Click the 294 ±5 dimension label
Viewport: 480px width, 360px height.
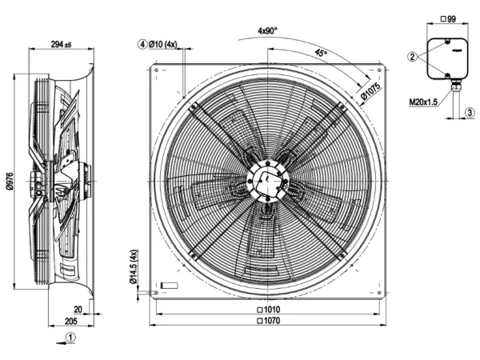pyautogui.click(x=61, y=44)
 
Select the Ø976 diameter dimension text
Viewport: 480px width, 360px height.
pyautogui.click(x=10, y=181)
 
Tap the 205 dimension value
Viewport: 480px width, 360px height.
pyautogui.click(x=71, y=321)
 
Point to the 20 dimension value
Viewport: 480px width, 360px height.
pyautogui.click(x=78, y=310)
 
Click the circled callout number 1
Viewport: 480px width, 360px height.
pyautogui.click(x=70, y=338)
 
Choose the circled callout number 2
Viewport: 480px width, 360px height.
pyautogui.click(x=412, y=57)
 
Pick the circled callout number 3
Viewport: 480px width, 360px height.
pyautogui.click(x=470, y=112)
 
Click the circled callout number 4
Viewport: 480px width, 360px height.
pyautogui.click(x=142, y=44)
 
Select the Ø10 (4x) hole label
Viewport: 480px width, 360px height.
pyautogui.click(x=163, y=44)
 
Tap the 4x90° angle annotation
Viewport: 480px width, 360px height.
pyautogui.click(x=267, y=30)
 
